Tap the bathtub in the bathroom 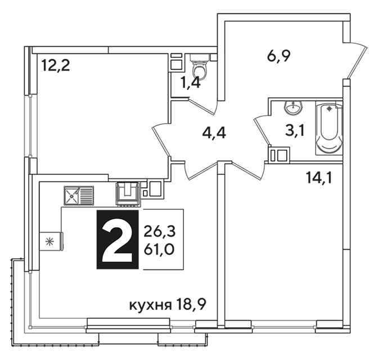click(x=329, y=128)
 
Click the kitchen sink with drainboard click(x=79, y=196)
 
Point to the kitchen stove click(x=128, y=194)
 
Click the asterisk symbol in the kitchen click(x=49, y=242)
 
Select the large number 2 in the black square click(x=118, y=240)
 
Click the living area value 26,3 click(x=160, y=232)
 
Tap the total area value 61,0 click(x=159, y=249)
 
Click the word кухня click(x=151, y=306)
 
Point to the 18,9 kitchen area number click(x=191, y=305)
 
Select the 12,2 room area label click(x=56, y=66)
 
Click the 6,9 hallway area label click(x=279, y=57)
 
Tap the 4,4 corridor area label click(x=214, y=133)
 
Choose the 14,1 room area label click(x=319, y=178)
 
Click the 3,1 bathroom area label click(x=295, y=132)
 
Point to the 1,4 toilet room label click(x=191, y=84)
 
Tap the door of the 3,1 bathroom click(x=262, y=130)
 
